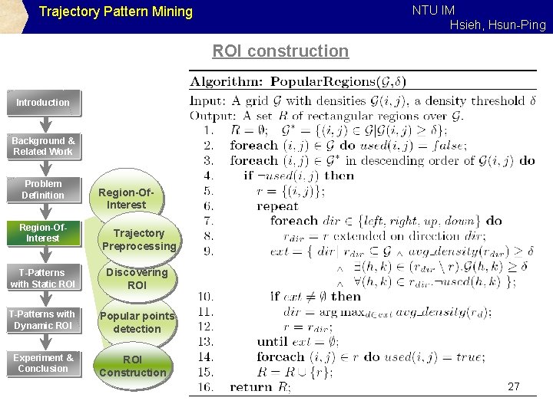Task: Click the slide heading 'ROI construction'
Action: click(280, 51)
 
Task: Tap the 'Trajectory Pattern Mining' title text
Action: click(115, 12)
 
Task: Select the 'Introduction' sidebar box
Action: click(43, 103)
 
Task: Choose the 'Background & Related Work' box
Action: click(43, 146)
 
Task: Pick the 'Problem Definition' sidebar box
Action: click(43, 189)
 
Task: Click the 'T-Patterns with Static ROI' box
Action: click(43, 278)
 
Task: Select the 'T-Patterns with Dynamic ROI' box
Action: click(43, 320)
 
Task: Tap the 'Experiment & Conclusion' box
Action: click(43, 363)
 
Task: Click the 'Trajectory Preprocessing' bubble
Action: click(138, 239)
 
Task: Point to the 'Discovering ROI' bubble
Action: click(137, 278)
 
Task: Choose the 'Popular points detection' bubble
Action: click(137, 322)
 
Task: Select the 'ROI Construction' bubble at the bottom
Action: click(132, 366)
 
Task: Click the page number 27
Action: click(513, 387)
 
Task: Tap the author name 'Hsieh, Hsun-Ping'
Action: click(498, 25)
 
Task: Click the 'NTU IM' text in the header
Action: click(433, 10)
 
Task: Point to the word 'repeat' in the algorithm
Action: click(277, 206)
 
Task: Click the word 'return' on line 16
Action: click(251, 387)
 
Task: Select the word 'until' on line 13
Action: click(272, 341)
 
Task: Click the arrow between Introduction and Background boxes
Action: click(45, 124)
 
